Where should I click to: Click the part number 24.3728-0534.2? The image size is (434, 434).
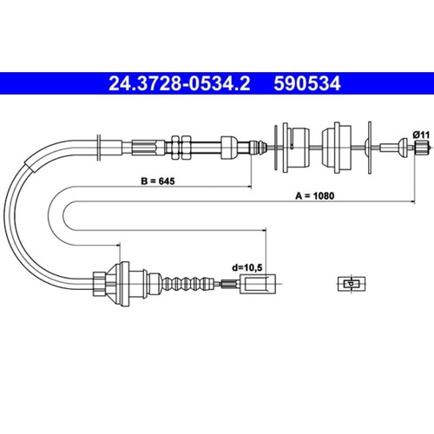(x=180, y=83)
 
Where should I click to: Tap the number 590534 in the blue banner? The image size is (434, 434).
(x=307, y=83)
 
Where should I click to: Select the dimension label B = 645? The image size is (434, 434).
(x=158, y=181)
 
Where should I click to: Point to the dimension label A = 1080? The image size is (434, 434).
(x=314, y=196)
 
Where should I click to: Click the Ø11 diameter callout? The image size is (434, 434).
(x=421, y=135)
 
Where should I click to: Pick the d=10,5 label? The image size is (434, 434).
(x=247, y=267)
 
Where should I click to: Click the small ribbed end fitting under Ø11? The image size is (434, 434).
(x=421, y=148)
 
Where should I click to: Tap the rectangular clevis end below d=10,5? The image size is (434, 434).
(x=258, y=284)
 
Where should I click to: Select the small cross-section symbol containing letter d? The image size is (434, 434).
(x=352, y=284)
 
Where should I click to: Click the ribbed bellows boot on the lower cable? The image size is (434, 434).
(x=189, y=284)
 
